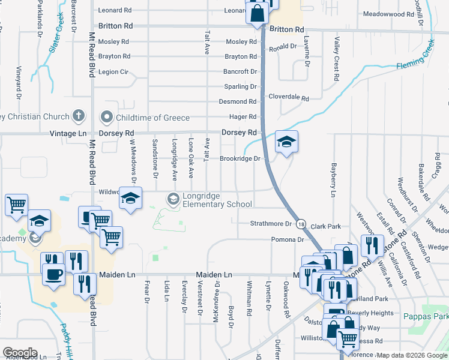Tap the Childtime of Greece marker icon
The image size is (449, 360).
click(x=107, y=116)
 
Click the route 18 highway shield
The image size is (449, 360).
click(x=301, y=224)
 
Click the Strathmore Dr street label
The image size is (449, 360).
click(x=271, y=224)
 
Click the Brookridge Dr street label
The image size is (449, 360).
click(x=240, y=158)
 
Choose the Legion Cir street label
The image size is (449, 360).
click(x=118, y=71)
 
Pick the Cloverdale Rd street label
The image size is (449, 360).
click(x=288, y=97)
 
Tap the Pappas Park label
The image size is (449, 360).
click(x=426, y=316)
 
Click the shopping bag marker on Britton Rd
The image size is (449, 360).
click(x=256, y=13)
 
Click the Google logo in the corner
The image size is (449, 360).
click(x=20, y=353)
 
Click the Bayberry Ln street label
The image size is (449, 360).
click(x=332, y=179)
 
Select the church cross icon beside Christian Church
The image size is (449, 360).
click(x=78, y=116)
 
